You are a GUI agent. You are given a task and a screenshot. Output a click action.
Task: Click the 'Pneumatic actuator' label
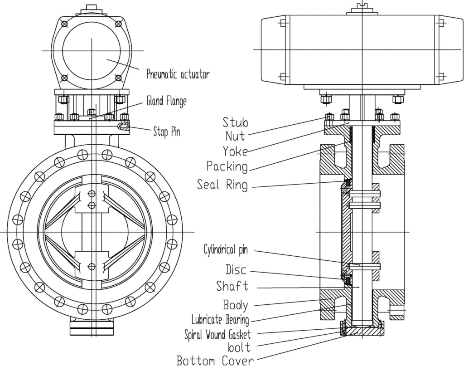[x=178, y=74]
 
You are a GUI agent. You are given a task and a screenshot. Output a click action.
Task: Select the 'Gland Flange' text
[x=166, y=101]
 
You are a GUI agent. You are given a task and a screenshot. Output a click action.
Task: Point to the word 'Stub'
[x=235, y=122]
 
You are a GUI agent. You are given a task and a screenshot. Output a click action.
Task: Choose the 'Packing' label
[x=227, y=166]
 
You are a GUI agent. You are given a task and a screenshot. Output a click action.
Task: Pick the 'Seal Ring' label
[x=222, y=185]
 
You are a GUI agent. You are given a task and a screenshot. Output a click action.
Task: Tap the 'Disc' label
[x=237, y=270]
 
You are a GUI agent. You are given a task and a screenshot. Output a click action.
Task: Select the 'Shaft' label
[x=232, y=287]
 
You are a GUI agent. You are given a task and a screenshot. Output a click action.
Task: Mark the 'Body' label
[x=236, y=304]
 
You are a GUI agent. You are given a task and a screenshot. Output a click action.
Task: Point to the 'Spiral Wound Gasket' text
[x=217, y=335]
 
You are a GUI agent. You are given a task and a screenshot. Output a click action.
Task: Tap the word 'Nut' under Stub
[x=235, y=136]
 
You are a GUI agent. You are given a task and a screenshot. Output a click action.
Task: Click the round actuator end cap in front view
[x=92, y=50]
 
